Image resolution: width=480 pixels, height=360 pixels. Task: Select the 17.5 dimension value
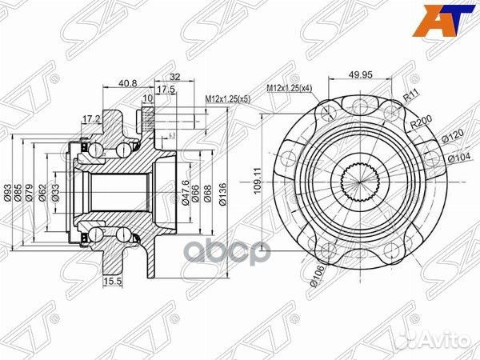tap(166, 90)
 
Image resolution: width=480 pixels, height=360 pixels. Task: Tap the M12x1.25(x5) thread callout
tap(227, 98)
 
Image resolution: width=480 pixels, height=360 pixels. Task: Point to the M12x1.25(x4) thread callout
tap(290, 87)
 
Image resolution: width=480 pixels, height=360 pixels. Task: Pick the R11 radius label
tap(414, 95)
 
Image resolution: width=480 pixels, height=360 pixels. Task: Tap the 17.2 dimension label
tap(91, 119)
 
